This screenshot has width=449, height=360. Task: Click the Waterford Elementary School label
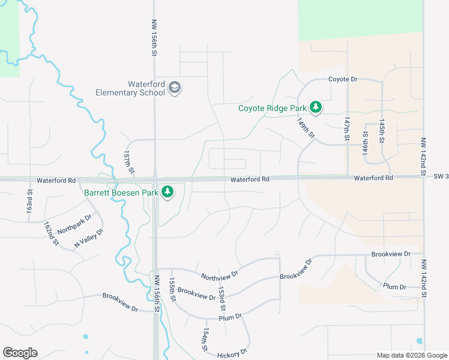[x=130, y=88]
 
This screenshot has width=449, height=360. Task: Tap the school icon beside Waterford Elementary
[x=175, y=88]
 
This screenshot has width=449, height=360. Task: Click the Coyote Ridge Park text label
[x=272, y=109]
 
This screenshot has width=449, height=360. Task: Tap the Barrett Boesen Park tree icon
[x=169, y=193]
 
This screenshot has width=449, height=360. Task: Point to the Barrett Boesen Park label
[x=121, y=193]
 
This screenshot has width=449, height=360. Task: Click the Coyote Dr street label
[x=342, y=79]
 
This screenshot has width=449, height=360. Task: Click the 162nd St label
[x=50, y=233]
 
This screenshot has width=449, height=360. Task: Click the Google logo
[x=20, y=353]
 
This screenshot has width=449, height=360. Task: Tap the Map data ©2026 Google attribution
[x=412, y=355]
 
